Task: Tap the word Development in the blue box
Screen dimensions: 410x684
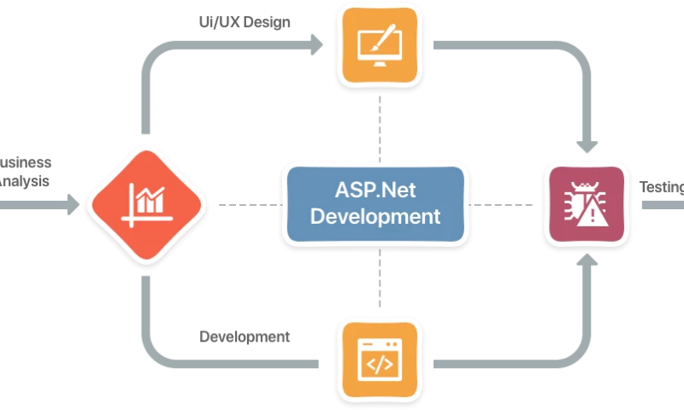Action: coord(375,215)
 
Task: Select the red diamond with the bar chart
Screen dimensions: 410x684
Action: coord(147,204)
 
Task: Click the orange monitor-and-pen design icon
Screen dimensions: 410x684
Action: coord(380,44)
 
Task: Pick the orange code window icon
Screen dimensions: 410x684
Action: coord(380,361)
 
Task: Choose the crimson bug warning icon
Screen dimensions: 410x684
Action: coord(586,204)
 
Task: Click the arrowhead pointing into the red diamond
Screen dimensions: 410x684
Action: coord(75,205)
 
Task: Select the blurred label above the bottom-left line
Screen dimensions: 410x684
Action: coord(245,339)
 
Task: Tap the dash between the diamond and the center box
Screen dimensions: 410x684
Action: coord(247,205)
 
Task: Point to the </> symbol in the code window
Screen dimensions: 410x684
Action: coord(380,366)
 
